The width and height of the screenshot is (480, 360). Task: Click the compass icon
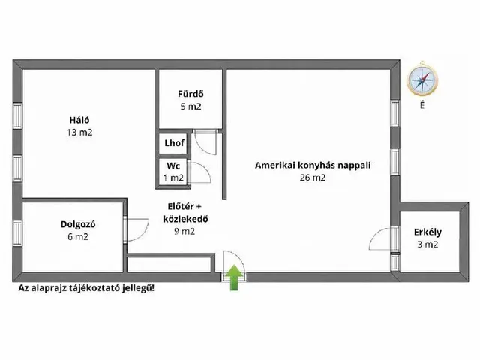[x=422, y=80]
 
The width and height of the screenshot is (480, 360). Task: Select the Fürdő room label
[x=190, y=94]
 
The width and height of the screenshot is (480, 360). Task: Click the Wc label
[x=173, y=166]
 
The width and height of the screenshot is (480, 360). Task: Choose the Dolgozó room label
[x=77, y=223]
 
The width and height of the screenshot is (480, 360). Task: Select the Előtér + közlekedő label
[x=184, y=214]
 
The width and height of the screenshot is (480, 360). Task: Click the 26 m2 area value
[x=312, y=178]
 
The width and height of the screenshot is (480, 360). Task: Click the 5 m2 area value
[x=190, y=107]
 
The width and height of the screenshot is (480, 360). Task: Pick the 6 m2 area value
[x=77, y=236]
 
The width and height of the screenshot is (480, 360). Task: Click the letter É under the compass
[x=422, y=106]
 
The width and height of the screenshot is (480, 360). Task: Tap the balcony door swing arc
[x=380, y=240]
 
